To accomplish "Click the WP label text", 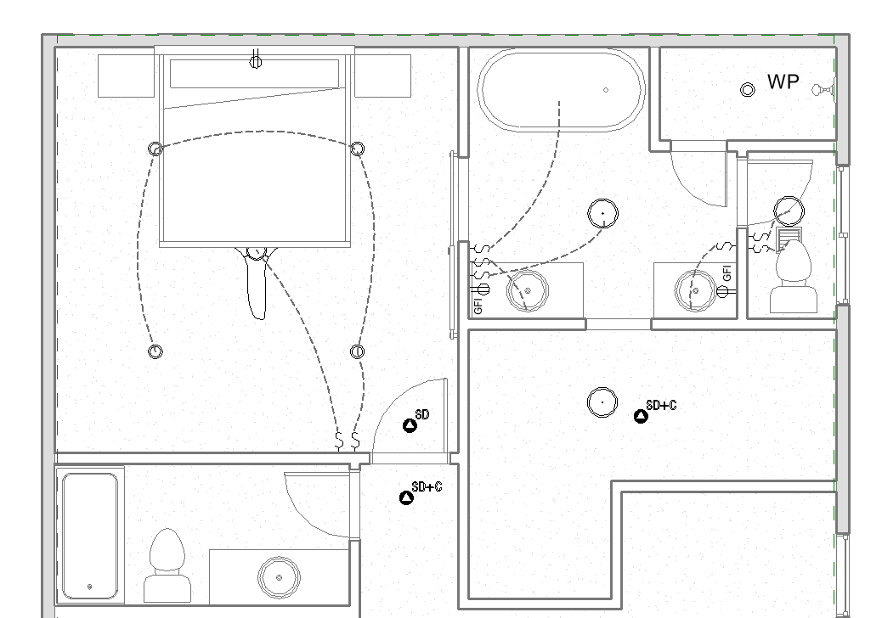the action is [783, 82].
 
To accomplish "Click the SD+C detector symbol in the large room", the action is [641, 416].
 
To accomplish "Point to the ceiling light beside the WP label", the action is [748, 90].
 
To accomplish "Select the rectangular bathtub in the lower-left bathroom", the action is [89, 536].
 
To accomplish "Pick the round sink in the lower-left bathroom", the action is [279, 577].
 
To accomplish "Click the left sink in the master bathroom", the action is [528, 291].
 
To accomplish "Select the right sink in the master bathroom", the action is [695, 290].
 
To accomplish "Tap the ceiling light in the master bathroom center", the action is [602, 214].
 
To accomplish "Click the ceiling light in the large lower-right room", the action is [602, 402].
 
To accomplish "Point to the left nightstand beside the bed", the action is [126, 76].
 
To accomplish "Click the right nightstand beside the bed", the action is [382, 76].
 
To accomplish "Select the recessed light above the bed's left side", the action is [155, 149].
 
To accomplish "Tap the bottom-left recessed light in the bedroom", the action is [155, 351].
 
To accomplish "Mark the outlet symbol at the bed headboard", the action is [256, 60].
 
